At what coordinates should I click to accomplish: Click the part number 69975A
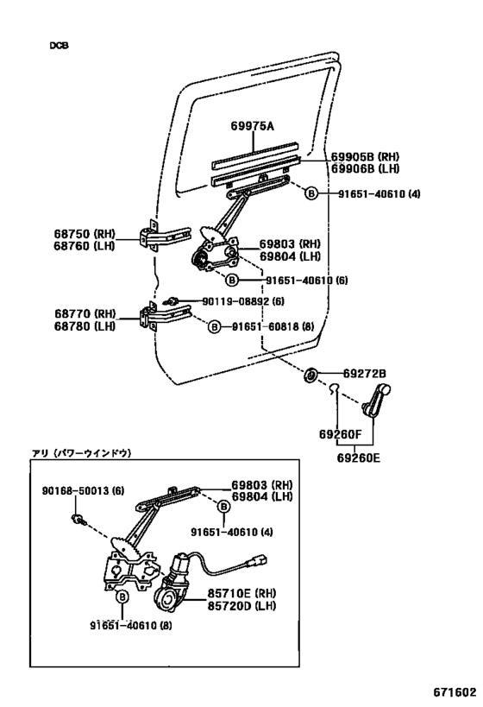point(252,126)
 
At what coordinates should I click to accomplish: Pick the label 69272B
point(364,374)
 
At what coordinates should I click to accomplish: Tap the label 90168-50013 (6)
point(84,490)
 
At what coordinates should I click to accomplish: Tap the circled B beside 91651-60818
point(213,326)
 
